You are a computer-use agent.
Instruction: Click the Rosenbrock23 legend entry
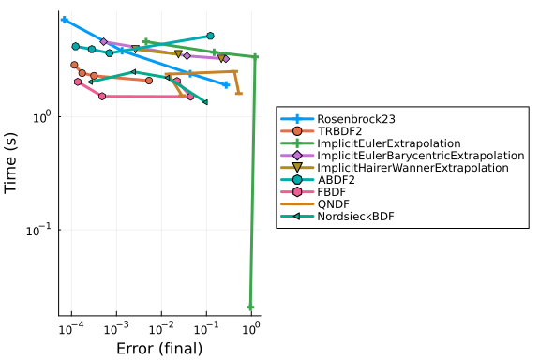pyautogui.click(x=356, y=119)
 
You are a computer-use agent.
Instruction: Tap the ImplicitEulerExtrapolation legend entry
pyautogui.click(x=389, y=143)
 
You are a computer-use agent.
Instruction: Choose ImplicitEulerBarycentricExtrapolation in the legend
pyautogui.click(x=421, y=156)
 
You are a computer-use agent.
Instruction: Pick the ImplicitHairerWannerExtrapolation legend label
pyautogui.click(x=412, y=168)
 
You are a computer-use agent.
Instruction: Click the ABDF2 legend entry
pyautogui.click(x=331, y=180)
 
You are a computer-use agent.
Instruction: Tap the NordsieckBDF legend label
pyautogui.click(x=355, y=217)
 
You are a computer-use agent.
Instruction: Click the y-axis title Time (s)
pyautogui.click(x=10, y=163)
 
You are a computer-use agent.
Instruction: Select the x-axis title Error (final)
pyautogui.click(x=159, y=349)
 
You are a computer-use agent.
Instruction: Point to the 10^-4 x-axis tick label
pyautogui.click(x=71, y=328)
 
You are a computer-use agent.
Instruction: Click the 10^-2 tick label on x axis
pyautogui.click(x=161, y=328)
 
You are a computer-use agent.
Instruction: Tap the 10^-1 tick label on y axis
pyautogui.click(x=38, y=230)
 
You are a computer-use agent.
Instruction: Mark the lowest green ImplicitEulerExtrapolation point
pyautogui.click(x=250, y=307)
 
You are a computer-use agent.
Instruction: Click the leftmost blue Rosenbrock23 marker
pyautogui.click(x=64, y=20)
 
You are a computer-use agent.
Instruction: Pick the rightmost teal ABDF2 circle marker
pyautogui.click(x=210, y=36)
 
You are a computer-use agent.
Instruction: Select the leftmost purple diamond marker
pyautogui.click(x=104, y=41)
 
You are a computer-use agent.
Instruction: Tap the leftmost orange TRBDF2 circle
pyautogui.click(x=74, y=65)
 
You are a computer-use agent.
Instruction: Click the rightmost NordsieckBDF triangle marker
pyautogui.click(x=205, y=102)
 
